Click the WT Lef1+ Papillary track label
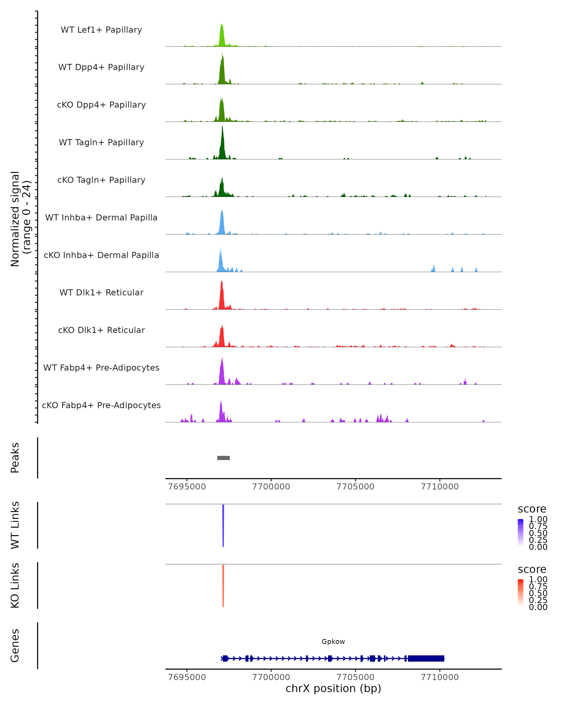[x=101, y=30]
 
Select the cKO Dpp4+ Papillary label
[x=101, y=105]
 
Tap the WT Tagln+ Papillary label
[x=101, y=143]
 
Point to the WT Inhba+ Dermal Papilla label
[x=101, y=218]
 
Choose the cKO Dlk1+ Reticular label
[x=101, y=330]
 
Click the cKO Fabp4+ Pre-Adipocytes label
[x=101, y=405]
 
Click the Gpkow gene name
[x=333, y=642]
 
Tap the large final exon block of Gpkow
[x=426, y=658]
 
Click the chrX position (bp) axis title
[x=333, y=688]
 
